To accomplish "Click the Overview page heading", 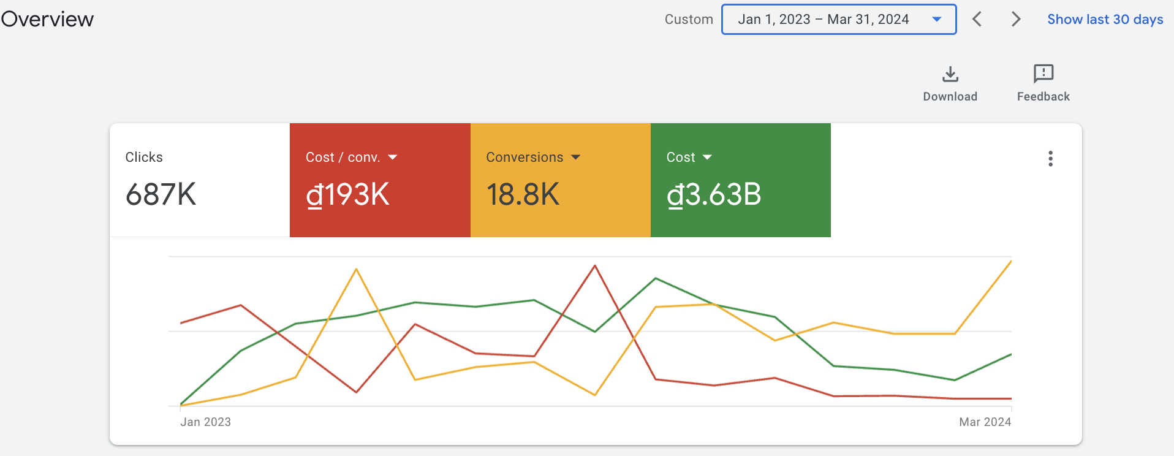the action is tap(47, 19).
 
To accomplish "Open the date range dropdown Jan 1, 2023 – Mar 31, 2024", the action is tap(839, 20).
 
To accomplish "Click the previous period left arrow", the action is tap(977, 20).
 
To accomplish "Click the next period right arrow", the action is tap(1016, 20).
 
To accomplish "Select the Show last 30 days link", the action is tap(1105, 20).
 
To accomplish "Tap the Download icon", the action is tap(950, 74).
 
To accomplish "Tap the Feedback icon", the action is tap(1043, 74).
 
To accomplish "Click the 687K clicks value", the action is tap(161, 195).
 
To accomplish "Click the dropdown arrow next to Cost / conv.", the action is tap(393, 158).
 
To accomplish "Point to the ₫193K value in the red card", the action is tap(347, 195).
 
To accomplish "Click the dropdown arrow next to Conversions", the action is tap(575, 158).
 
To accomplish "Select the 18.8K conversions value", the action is tap(523, 195).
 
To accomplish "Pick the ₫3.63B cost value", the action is tap(714, 195).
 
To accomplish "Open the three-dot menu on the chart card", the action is tap(1050, 159).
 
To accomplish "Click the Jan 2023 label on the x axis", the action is tap(205, 422).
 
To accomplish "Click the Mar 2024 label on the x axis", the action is tap(985, 422).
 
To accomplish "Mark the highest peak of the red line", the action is tap(594, 265).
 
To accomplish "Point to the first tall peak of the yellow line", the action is tap(356, 269).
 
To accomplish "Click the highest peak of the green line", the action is tap(656, 278).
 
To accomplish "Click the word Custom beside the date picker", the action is tap(689, 20).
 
